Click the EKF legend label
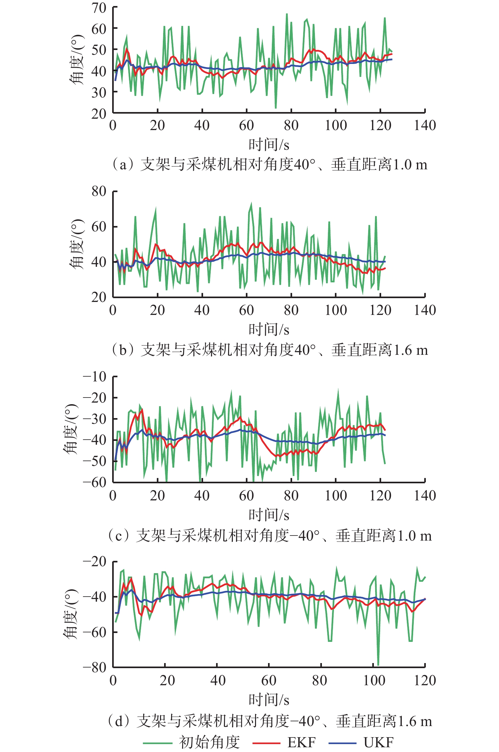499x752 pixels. (x=301, y=743)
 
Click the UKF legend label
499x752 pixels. (x=378, y=743)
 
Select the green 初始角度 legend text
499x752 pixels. (x=209, y=743)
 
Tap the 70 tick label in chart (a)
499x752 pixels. (x=99, y=8)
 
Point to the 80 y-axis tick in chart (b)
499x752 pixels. (x=99, y=191)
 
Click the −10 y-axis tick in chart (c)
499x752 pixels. (x=94, y=377)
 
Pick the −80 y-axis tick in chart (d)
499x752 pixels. (x=94, y=667)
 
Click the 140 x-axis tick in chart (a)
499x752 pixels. (x=425, y=126)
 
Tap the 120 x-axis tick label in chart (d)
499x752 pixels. (x=425, y=680)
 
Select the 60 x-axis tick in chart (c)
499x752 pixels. (x=246, y=496)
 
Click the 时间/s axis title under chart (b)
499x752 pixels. (x=269, y=329)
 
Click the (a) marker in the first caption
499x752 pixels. (x=123, y=165)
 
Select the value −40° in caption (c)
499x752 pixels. (x=304, y=536)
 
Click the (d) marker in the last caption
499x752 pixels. (x=119, y=722)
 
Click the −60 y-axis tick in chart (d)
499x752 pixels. (x=94, y=632)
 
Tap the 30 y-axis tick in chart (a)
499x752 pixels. (x=99, y=92)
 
